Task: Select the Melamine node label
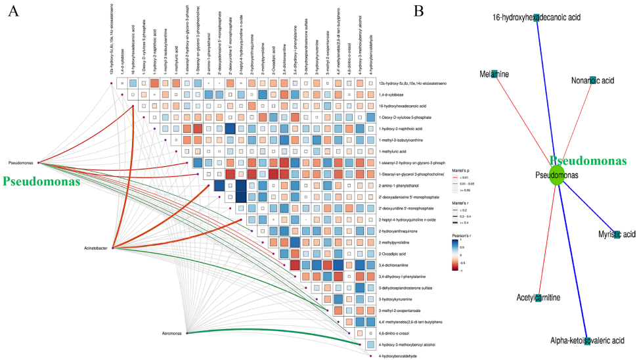click(494, 74)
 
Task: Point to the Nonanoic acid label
click(592, 80)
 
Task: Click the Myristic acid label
click(617, 235)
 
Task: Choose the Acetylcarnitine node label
click(537, 298)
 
